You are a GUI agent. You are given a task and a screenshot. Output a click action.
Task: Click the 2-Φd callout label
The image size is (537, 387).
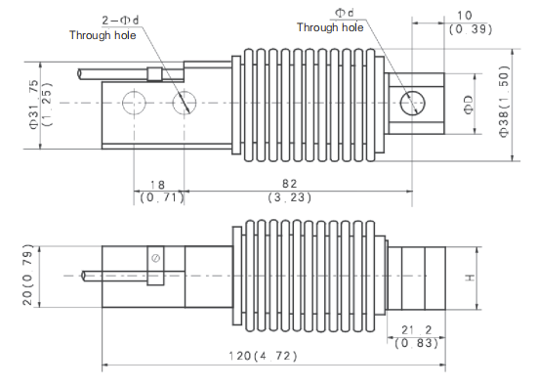120,21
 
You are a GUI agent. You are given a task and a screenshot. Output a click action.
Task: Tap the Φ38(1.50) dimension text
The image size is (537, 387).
504,102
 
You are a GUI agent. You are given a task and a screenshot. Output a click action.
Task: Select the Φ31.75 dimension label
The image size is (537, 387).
34,105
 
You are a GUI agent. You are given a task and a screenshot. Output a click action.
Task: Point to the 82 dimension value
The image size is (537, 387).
289,184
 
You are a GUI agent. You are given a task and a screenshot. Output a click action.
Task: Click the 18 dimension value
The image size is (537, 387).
157,185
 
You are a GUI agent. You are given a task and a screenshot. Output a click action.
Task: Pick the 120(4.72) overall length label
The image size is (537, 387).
263,356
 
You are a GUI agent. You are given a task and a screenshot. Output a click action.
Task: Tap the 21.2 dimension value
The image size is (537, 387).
417,330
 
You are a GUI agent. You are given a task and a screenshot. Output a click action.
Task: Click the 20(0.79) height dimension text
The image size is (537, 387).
27,275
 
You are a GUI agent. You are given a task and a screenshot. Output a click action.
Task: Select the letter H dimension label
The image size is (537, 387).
471,278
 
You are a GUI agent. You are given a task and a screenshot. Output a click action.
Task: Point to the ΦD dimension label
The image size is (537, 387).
469,105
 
